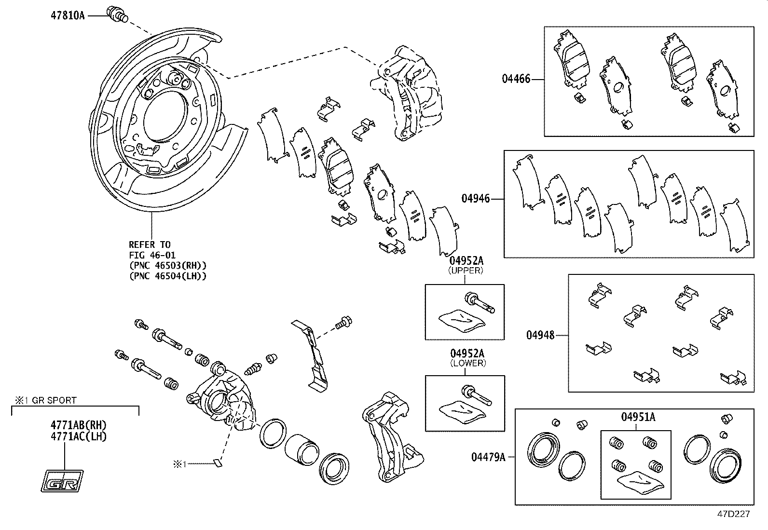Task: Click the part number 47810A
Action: tap(68, 16)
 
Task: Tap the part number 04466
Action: tap(516, 79)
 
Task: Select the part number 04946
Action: tap(476, 199)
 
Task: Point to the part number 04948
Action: tap(540, 335)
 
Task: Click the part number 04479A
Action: tap(488, 457)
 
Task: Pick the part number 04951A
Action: tap(638, 417)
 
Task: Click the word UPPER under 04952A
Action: tap(466, 271)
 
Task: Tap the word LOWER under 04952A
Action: tap(468, 363)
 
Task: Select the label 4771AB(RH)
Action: tap(79, 425)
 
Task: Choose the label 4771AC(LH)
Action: tap(79, 436)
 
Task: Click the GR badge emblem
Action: tap(62, 481)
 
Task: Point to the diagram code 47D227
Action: tap(733, 514)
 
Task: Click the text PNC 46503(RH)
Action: tap(168, 265)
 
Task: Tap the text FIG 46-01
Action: tap(152, 255)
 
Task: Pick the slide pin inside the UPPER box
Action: tap(480, 303)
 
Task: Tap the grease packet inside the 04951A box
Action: tap(640, 483)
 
